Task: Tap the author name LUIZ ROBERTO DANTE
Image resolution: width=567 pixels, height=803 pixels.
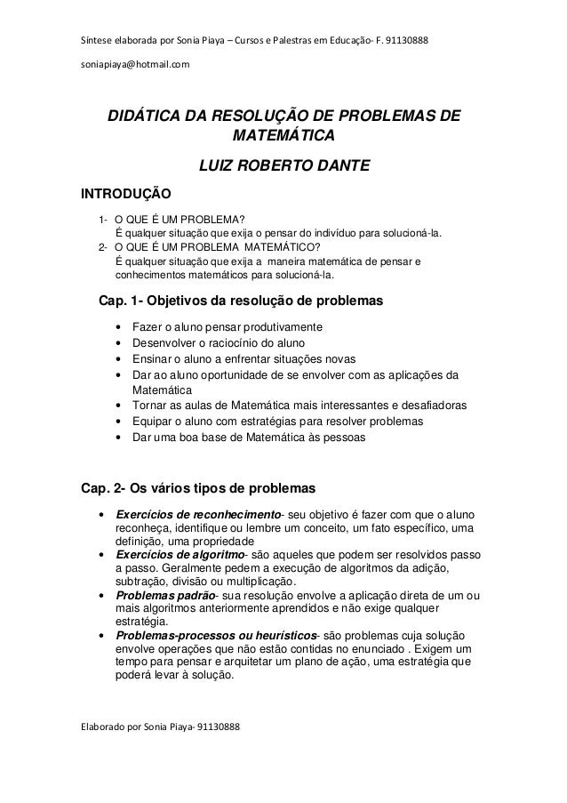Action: [x=283, y=166]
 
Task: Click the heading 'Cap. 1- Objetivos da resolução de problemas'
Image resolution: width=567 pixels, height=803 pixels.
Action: [x=241, y=302]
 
